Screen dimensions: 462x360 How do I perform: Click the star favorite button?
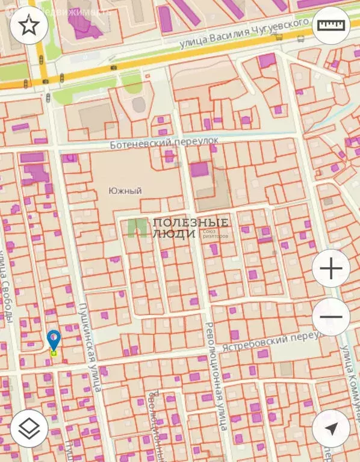29,25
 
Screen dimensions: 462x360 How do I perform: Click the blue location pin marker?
54,340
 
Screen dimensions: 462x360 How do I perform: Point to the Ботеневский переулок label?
164,143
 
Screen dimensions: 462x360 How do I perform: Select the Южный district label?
125,191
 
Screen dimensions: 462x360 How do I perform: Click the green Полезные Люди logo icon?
137,227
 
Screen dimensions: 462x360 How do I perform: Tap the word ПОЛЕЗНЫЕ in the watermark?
190,222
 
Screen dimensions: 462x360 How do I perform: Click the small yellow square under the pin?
54,354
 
